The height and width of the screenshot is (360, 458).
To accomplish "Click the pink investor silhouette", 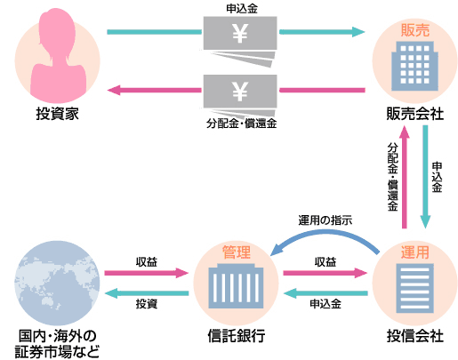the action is tap(58, 55).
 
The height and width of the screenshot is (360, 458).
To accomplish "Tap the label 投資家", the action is tap(58, 114).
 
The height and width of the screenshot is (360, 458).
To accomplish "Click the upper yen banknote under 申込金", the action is tap(240, 33).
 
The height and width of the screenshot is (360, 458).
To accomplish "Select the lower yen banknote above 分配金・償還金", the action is tap(240, 92).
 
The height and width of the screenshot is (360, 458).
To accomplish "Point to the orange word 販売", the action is tap(415, 30).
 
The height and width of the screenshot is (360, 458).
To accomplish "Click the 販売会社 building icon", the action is tap(414, 66).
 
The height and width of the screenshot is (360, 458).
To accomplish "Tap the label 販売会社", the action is tap(415, 114).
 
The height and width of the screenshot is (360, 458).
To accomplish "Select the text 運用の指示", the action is tap(325, 220).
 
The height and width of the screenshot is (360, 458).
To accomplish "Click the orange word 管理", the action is tap(237, 252).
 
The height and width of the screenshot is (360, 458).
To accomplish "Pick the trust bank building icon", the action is tap(236, 285).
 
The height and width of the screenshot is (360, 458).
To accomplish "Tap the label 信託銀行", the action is tap(237, 336).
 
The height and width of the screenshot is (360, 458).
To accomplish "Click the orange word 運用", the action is tap(415, 252).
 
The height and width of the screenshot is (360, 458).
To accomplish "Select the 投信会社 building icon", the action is tap(414, 288).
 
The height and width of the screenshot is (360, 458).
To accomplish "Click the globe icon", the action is tap(57, 283).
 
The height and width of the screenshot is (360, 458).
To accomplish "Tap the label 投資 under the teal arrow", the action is tap(147, 304).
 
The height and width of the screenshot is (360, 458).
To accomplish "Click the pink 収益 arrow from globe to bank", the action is tap(147, 273).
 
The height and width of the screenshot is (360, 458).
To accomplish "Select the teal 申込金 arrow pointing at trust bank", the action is tap(325, 293).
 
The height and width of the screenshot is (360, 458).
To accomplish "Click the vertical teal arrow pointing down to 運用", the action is tap(425, 177).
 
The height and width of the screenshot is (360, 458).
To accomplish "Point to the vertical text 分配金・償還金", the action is tap(393, 177).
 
